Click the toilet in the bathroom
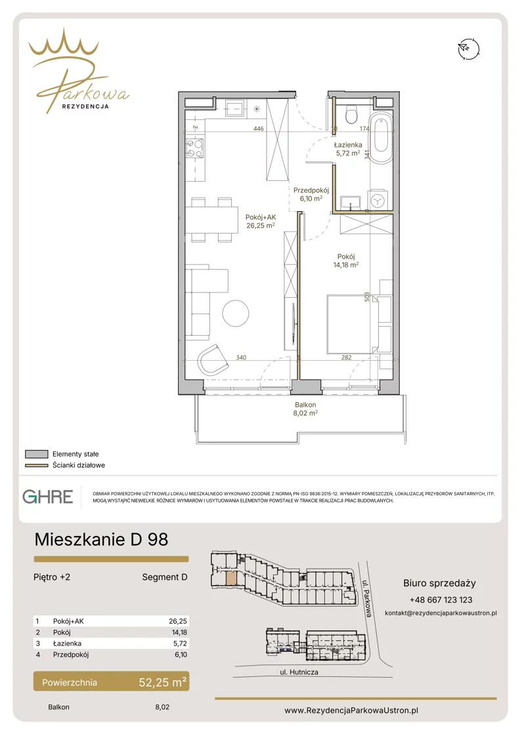[351, 113]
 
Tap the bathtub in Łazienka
[381, 136]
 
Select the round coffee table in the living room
[236, 314]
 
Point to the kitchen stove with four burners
[196, 148]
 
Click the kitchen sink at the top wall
[234, 109]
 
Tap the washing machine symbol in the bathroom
[377, 200]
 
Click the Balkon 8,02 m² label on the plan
[305, 409]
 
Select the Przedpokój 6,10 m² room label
[311, 194]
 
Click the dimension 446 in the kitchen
[259, 129]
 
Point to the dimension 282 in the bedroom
[346, 357]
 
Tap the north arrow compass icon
[469, 49]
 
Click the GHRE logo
[48, 497]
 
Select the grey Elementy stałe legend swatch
[37, 454]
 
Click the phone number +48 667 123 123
[441, 600]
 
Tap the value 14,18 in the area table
[179, 632]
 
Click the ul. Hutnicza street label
[299, 672]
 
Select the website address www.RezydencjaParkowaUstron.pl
[351, 710]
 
